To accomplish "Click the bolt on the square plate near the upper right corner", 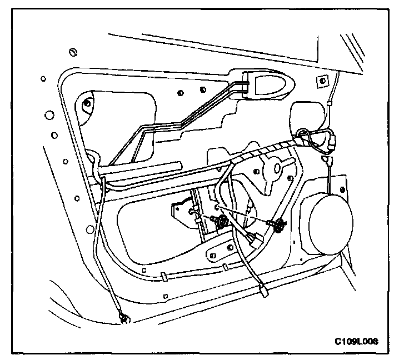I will [321, 81].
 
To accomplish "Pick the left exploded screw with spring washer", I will [221, 222].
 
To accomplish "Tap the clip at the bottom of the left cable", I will [124, 318].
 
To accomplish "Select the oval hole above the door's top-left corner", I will [72, 52].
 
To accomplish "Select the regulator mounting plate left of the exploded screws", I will [183, 213].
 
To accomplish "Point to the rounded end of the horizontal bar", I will [179, 165].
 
